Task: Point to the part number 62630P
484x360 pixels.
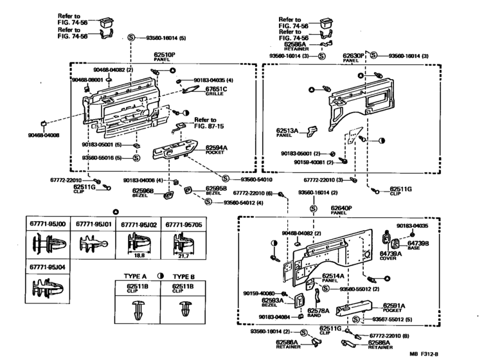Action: tap(353, 56)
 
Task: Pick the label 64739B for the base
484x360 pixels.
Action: tap(418, 244)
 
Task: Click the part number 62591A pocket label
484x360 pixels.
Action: tap(395, 306)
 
